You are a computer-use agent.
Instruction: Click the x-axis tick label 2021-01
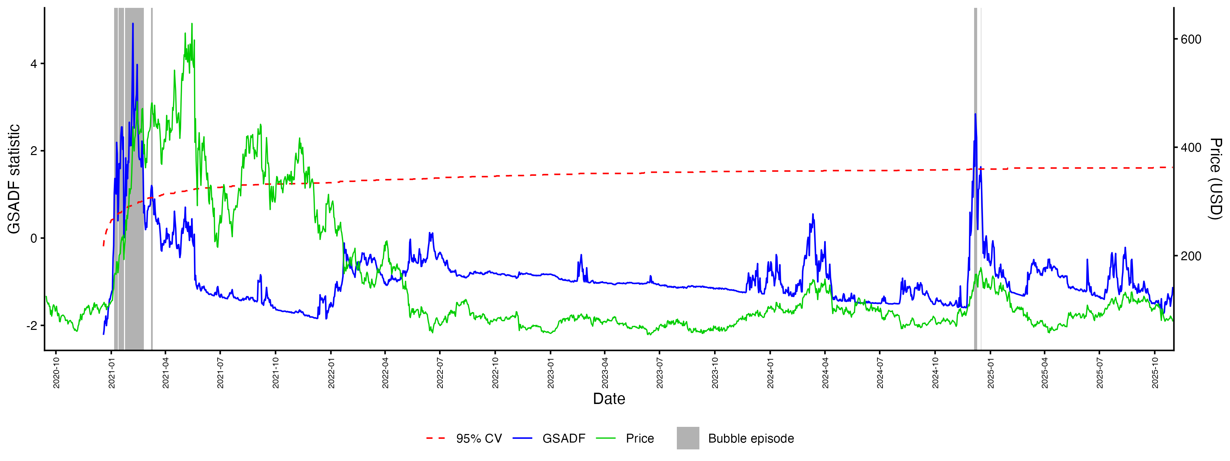(x=111, y=373)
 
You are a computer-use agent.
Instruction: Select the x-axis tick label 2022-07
(x=440, y=373)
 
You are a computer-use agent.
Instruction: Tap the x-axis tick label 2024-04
(x=825, y=373)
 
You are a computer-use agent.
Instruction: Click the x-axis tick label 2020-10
(x=56, y=373)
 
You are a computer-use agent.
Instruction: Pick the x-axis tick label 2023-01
(x=550, y=373)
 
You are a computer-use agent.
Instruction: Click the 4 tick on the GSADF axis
(x=33, y=64)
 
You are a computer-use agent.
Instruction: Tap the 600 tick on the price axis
(x=1191, y=40)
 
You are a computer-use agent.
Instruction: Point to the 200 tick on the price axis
(x=1191, y=256)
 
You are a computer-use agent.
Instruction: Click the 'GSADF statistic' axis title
(x=14, y=179)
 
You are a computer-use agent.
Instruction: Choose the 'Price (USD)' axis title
(x=1215, y=179)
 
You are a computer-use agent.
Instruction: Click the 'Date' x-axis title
(x=609, y=399)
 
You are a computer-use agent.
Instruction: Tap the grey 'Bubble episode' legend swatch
(x=687, y=438)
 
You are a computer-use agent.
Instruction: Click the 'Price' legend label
(x=640, y=438)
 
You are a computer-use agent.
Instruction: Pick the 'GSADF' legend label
(x=563, y=438)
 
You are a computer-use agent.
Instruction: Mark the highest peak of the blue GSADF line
(x=133, y=23)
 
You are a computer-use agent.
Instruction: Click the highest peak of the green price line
(x=192, y=23)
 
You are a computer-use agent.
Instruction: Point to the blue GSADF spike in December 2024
(x=975, y=114)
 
